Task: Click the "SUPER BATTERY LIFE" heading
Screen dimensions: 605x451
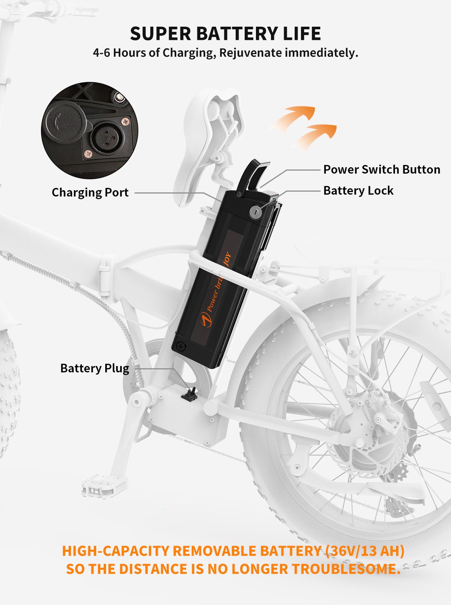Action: coord(225,34)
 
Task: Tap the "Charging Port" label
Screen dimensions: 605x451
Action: coord(90,192)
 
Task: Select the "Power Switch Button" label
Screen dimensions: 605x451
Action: coord(381,169)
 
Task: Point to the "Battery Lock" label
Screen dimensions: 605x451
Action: coord(358,191)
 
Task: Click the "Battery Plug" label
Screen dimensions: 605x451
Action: coord(95,368)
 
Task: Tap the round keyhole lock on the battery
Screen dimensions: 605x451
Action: coord(255,212)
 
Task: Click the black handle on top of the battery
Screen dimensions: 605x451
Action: coord(253,175)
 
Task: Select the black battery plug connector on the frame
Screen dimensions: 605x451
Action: coord(190,395)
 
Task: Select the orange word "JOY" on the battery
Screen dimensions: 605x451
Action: coord(227,259)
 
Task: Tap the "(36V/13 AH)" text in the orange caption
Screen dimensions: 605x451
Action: coord(365,551)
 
